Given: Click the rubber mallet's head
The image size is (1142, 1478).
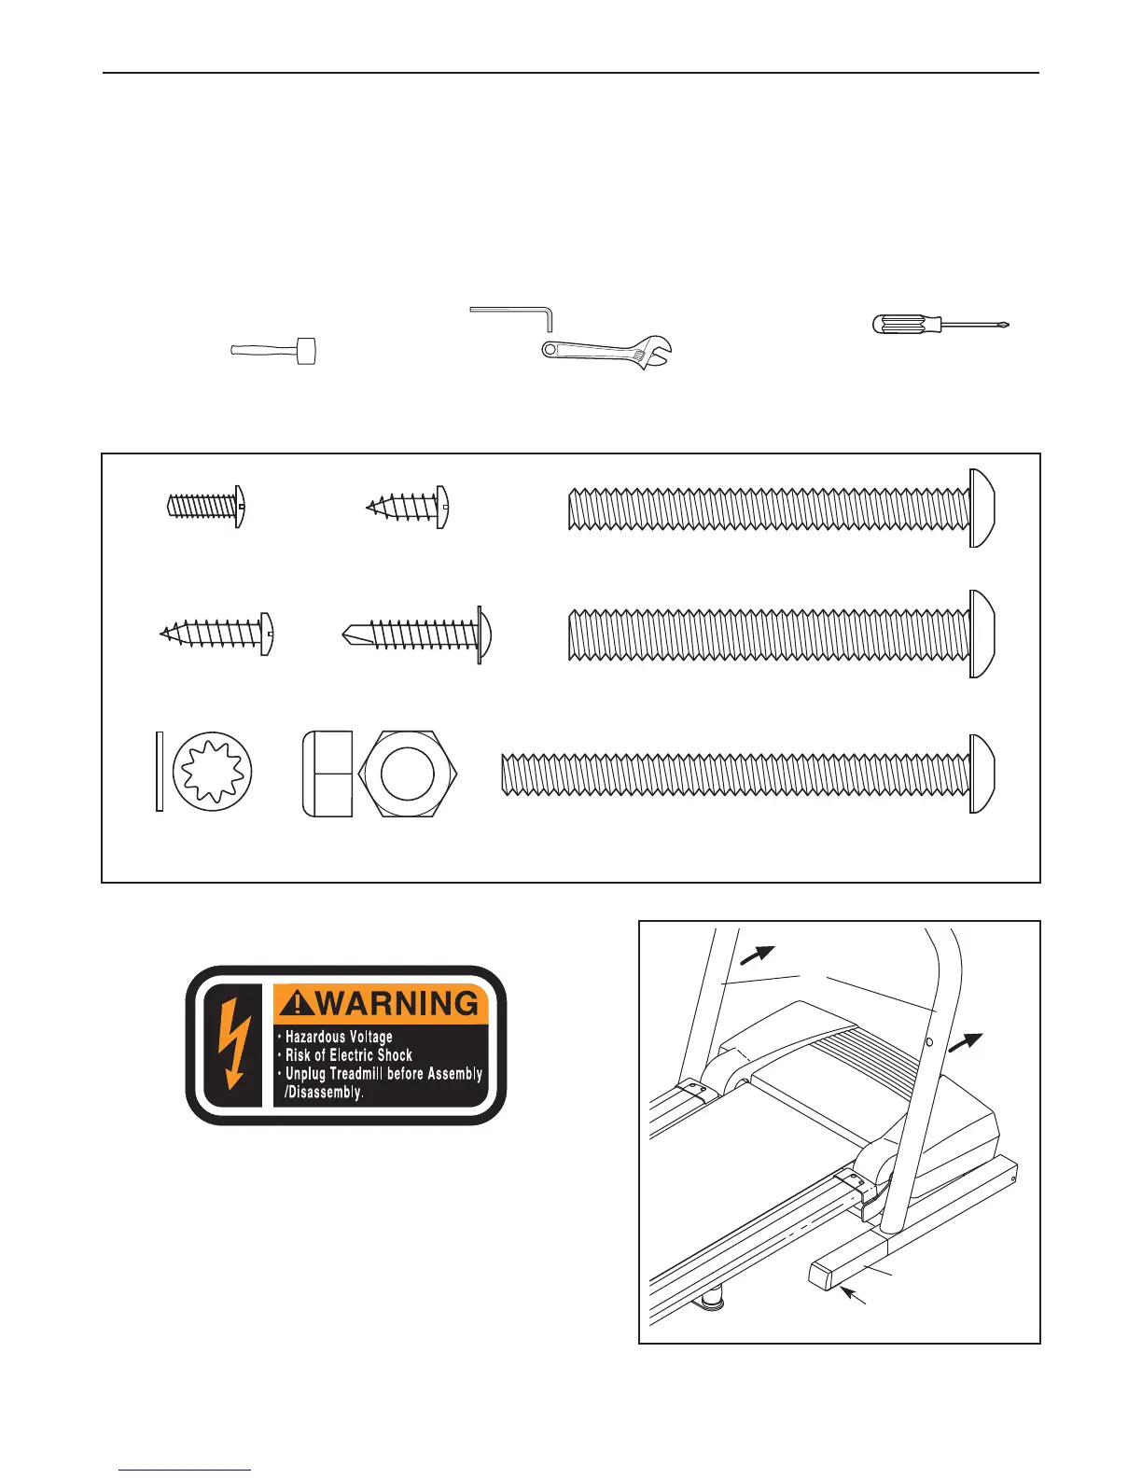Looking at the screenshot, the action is pyautogui.click(x=305, y=350).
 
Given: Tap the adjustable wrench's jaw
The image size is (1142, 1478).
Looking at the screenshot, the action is pyautogui.click(x=657, y=351).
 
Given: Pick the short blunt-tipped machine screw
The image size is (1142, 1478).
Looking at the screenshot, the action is pyautogui.click(x=205, y=507).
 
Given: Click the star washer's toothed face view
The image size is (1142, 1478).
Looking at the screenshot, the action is pyautogui.click(x=214, y=772).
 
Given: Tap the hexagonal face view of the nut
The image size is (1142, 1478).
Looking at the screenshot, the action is pyautogui.click(x=408, y=774).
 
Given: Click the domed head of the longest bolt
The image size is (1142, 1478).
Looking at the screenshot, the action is pyautogui.click(x=982, y=774).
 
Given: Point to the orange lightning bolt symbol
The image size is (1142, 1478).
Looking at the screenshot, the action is pyautogui.click(x=233, y=1044).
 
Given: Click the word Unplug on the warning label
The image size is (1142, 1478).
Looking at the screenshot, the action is pyautogui.click(x=305, y=1074).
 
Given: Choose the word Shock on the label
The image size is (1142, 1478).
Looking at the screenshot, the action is pyautogui.click(x=393, y=1055).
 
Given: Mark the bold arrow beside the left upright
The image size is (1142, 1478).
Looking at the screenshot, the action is pyautogui.click(x=759, y=954).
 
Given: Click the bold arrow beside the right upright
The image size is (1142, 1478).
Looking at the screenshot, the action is pyautogui.click(x=967, y=1042).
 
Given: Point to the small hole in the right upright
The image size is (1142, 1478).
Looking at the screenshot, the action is pyautogui.click(x=929, y=1040).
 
